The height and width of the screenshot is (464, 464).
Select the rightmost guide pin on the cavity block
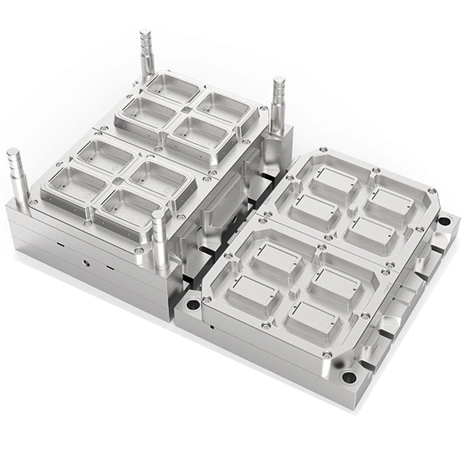click(x=278, y=102)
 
